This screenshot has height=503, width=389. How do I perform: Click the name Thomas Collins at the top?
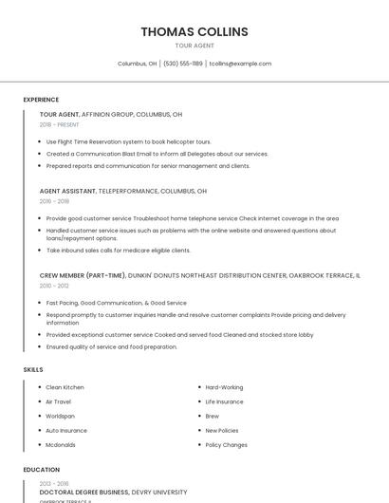tap(194, 31)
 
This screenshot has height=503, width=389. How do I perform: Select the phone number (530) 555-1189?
tap(183, 64)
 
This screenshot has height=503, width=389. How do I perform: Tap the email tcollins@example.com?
tap(240, 64)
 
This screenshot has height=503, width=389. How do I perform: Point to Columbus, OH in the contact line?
tap(137, 64)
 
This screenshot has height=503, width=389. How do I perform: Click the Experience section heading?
tap(41, 100)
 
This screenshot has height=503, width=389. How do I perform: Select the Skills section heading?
tap(33, 369)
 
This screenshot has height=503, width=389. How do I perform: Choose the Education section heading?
tap(41, 470)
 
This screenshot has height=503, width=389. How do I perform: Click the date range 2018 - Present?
tap(60, 124)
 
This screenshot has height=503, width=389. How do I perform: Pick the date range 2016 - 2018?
tap(54, 201)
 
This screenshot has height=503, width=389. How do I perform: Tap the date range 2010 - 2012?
tap(54, 285)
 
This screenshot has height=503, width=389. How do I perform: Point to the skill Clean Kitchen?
tap(65, 387)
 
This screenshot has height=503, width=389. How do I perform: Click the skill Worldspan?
tap(60, 416)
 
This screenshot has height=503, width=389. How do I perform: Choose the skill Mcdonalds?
tap(61, 444)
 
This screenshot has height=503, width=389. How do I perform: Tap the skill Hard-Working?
tap(224, 387)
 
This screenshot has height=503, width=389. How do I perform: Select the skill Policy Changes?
tap(227, 444)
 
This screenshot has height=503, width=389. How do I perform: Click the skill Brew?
tap(213, 416)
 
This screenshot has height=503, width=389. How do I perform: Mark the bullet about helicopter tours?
tap(128, 141)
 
